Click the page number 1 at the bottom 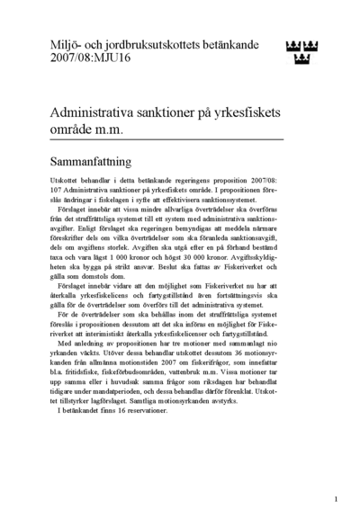335,498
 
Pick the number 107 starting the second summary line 57,191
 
